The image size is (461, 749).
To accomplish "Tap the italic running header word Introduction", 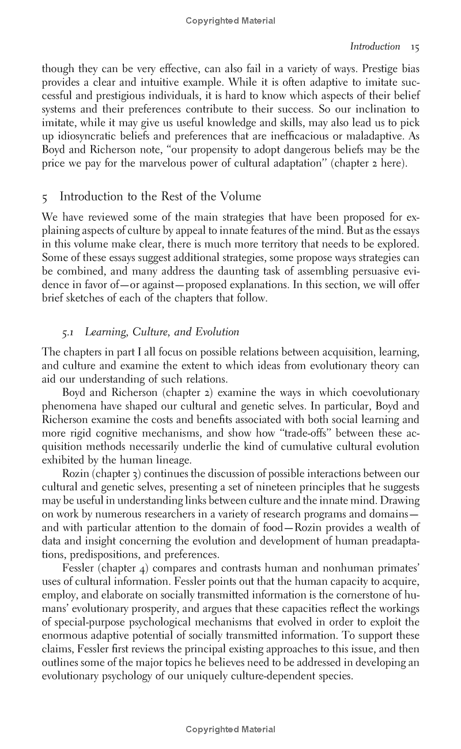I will point(375,47).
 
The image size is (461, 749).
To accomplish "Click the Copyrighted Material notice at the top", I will point(231,21).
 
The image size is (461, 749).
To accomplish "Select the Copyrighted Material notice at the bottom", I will point(231,729).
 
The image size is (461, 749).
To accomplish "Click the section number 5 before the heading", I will point(45,197).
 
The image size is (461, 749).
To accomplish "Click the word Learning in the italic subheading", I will point(105,332).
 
